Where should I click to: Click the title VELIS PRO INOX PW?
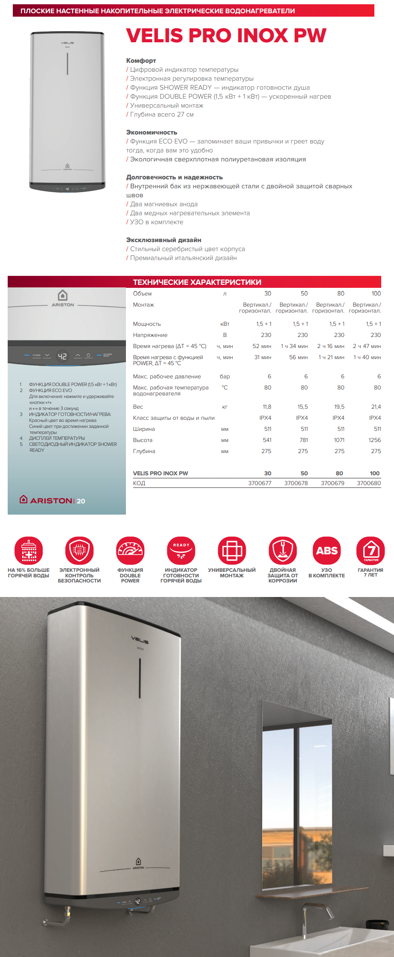(x=226, y=35)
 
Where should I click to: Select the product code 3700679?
(x=332, y=483)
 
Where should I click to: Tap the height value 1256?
(x=374, y=440)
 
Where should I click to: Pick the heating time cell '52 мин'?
(x=262, y=346)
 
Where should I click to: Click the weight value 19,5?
(x=339, y=407)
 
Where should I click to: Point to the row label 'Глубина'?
(x=144, y=451)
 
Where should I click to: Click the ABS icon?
(x=327, y=550)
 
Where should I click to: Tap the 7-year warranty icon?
(x=371, y=550)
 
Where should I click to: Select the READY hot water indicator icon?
(x=181, y=550)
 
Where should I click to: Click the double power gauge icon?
(x=130, y=550)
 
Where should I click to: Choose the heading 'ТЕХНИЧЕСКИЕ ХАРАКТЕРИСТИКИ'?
(x=197, y=282)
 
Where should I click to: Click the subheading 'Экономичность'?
(x=152, y=132)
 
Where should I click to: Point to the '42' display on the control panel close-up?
(x=62, y=356)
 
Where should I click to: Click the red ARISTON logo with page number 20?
(x=53, y=500)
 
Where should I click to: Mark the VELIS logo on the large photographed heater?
(x=140, y=640)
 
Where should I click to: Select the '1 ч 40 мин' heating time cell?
(x=367, y=357)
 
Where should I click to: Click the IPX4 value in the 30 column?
(x=265, y=418)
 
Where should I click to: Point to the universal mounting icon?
(x=232, y=550)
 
